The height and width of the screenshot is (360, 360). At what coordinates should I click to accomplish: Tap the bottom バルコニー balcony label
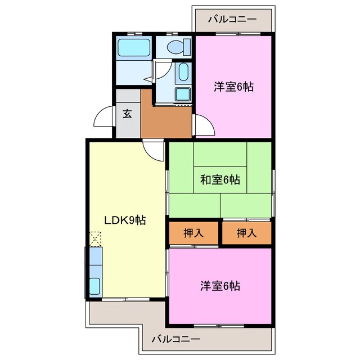(175, 340)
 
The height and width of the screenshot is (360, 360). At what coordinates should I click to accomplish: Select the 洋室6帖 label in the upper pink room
(233, 87)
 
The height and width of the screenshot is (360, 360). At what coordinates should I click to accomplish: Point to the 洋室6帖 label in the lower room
(220, 286)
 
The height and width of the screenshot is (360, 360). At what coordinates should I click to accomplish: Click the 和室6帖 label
(220, 180)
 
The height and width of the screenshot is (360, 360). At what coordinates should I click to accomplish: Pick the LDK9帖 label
(124, 220)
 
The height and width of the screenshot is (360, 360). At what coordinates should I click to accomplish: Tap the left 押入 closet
(193, 233)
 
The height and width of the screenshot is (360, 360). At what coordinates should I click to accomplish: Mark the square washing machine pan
(183, 93)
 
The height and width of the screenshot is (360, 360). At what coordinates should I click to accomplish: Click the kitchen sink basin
(94, 285)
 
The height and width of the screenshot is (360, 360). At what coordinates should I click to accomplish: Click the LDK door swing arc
(152, 150)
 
